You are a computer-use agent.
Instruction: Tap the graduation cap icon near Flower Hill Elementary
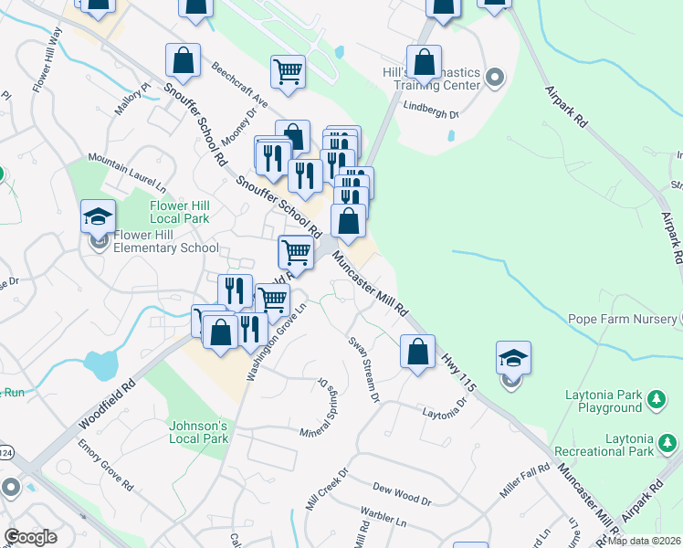[x=99, y=217]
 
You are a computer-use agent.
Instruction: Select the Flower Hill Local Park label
[x=180, y=212]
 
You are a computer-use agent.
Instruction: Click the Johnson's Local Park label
[x=198, y=432]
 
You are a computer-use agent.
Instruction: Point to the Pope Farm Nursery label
[x=620, y=320]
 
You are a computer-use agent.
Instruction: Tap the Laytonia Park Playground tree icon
[x=655, y=400]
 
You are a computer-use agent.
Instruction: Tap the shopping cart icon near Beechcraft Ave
[x=288, y=71]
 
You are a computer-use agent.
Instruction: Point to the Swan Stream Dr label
[x=363, y=368]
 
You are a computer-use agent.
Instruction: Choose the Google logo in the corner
[x=30, y=537]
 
